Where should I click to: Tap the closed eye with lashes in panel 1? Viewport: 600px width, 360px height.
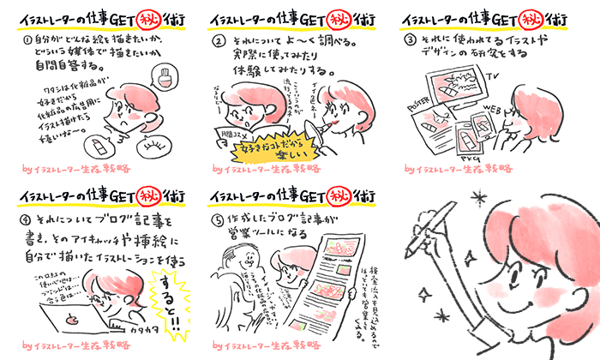tap(154, 147)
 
